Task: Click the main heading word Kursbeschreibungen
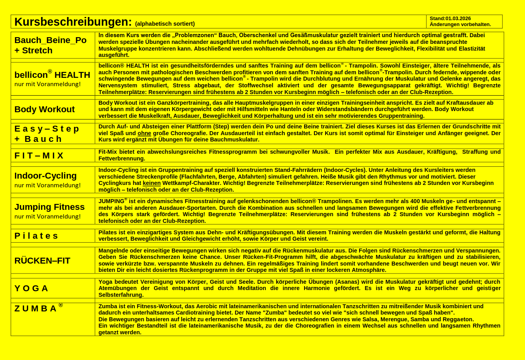click(73, 22)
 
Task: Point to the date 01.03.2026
click(458, 19)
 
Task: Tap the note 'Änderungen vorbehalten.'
click(460, 25)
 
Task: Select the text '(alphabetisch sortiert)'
click(165, 24)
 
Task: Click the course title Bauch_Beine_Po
click(50, 40)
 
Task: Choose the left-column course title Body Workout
click(44, 109)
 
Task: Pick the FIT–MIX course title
click(39, 156)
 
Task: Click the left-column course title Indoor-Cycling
click(45, 176)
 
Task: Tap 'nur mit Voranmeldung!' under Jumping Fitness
click(47, 217)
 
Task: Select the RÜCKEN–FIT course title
click(42, 261)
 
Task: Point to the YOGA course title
click(31, 288)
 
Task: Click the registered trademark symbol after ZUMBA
click(60, 305)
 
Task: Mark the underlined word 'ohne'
click(144, 133)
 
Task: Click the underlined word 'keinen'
click(152, 183)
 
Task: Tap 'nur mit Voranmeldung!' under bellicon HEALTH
click(47, 84)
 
